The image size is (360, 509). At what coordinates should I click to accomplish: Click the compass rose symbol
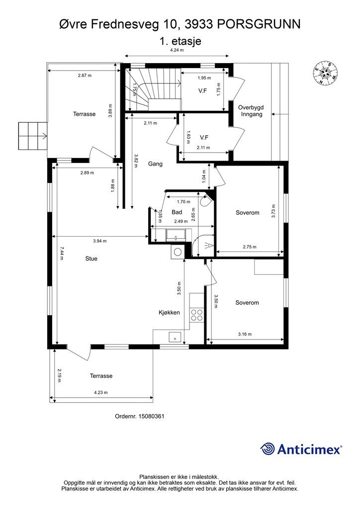(x=325, y=74)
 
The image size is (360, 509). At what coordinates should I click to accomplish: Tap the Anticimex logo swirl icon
(x=267, y=449)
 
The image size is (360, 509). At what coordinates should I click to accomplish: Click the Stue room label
(x=91, y=258)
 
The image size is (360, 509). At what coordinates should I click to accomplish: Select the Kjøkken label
(x=169, y=313)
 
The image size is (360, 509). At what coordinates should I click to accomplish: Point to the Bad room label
(x=177, y=212)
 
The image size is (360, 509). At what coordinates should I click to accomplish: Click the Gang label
(x=155, y=164)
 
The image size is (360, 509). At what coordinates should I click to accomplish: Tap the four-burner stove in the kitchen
(x=197, y=315)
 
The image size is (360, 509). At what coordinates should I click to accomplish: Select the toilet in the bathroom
(x=205, y=201)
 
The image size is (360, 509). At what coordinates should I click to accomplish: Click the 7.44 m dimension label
(x=61, y=254)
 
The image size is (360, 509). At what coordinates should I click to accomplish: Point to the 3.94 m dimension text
(x=99, y=241)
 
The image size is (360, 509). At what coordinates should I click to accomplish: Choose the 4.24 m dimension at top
(x=177, y=50)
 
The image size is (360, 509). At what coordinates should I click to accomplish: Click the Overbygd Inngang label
(x=251, y=111)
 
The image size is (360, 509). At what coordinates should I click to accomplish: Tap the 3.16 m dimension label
(x=245, y=334)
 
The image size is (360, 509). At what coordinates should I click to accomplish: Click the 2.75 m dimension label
(x=250, y=247)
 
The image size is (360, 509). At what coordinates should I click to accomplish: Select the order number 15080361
(x=151, y=416)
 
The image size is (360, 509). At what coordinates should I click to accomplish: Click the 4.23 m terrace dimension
(x=100, y=393)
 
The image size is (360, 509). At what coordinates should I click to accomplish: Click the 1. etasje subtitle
(x=180, y=41)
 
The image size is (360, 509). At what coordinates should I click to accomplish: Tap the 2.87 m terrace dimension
(x=85, y=76)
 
